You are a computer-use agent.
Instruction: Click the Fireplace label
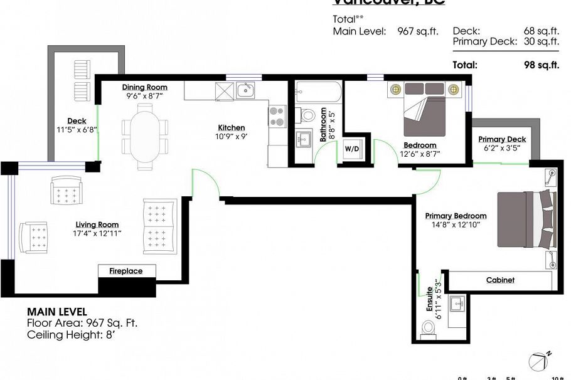pos(126,271)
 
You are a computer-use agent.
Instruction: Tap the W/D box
pos(351,149)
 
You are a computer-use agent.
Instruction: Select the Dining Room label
pos(144,87)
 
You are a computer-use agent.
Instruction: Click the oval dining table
pos(145,132)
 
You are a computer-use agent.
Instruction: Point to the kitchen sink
pos(245,90)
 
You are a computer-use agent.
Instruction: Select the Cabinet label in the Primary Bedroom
pos(500,280)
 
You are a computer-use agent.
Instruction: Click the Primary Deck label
pos(502,139)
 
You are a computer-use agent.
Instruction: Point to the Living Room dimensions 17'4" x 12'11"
pos(97,233)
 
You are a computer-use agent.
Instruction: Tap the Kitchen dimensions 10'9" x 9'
pos(228,136)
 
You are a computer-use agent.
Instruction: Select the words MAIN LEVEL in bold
pos(57,311)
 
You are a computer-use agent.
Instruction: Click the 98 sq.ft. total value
pos(541,65)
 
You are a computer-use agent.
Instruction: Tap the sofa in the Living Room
pos(160,226)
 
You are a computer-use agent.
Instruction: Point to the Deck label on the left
pos(77,121)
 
